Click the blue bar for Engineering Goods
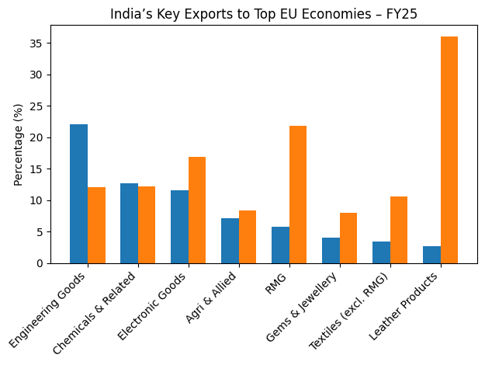pyautogui.click(x=78, y=194)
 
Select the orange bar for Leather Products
pyautogui.click(x=449, y=150)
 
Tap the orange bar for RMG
pyautogui.click(x=297, y=194)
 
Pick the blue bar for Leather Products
pyautogui.click(x=431, y=255)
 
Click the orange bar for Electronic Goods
pyautogui.click(x=197, y=210)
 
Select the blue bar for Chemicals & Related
pyautogui.click(x=129, y=224)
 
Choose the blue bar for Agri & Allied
pyautogui.click(x=230, y=241)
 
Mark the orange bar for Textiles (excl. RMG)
pyautogui.click(x=398, y=230)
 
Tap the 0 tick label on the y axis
pyautogui.click(x=40, y=263)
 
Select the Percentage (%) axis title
pyautogui.click(x=19, y=144)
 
